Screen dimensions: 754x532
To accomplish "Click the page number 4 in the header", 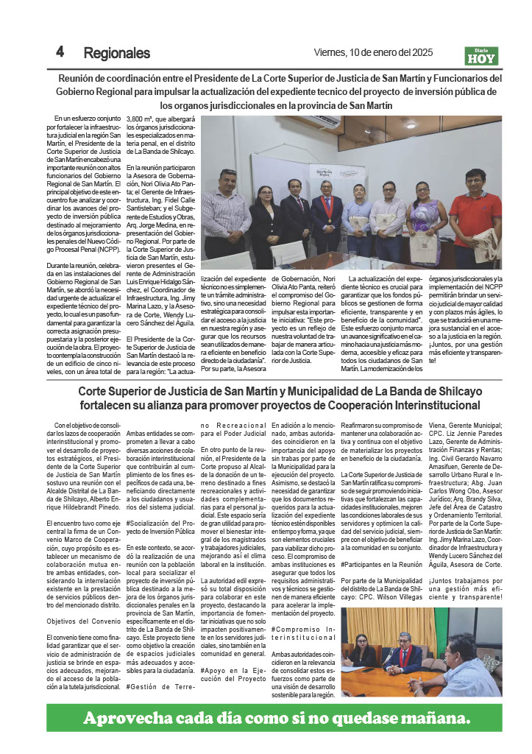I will (x=60, y=52).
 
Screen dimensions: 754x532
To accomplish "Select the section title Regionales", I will (x=116, y=53).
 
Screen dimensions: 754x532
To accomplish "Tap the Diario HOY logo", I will (x=480, y=56).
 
